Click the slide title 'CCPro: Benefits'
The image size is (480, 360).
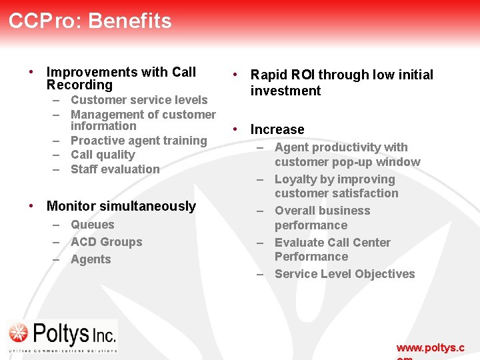point(90,21)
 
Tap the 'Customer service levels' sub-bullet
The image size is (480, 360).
point(139,100)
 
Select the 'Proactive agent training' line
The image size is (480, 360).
point(139,141)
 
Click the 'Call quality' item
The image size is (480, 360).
point(103,155)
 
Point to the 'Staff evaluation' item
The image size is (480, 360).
point(115,169)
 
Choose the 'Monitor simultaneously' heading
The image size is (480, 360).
point(121,206)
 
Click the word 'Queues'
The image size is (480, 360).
point(92,225)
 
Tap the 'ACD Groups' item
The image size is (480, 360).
point(106,242)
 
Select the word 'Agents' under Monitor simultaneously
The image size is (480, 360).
point(91,259)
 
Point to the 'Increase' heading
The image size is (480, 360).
point(277,129)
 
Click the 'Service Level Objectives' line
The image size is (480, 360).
point(344,274)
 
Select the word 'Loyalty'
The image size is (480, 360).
point(296,179)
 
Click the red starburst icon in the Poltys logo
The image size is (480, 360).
point(19,333)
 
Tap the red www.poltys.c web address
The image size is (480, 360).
point(430,348)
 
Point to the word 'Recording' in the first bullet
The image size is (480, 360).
point(79,85)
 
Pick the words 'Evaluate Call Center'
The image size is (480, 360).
point(332,243)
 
